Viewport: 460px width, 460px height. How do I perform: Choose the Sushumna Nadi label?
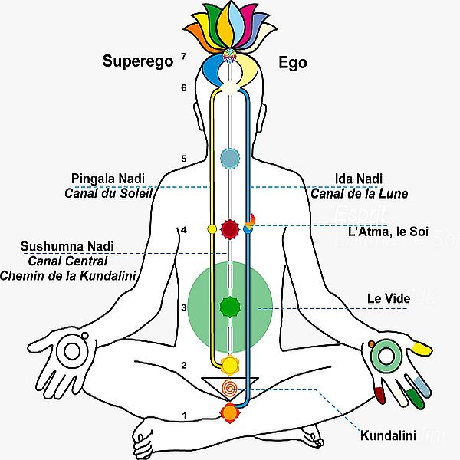[x=67, y=246]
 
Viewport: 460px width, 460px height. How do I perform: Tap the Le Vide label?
[x=386, y=297]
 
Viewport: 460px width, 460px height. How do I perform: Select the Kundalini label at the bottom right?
[x=388, y=437]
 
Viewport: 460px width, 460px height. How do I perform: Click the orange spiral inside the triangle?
[x=229, y=388]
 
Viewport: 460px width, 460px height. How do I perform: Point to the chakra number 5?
[x=184, y=159]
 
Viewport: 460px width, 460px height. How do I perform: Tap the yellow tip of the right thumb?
[x=421, y=349]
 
